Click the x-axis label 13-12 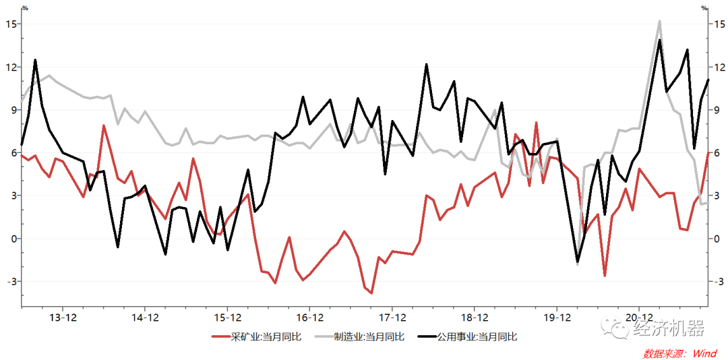click(63, 317)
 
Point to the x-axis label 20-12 click(639, 317)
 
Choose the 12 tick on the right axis click(719, 67)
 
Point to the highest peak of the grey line click(659, 21)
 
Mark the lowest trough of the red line click(371, 293)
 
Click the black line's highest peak click(659, 40)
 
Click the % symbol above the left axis click(25, 8)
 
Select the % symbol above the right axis click(704, 8)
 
